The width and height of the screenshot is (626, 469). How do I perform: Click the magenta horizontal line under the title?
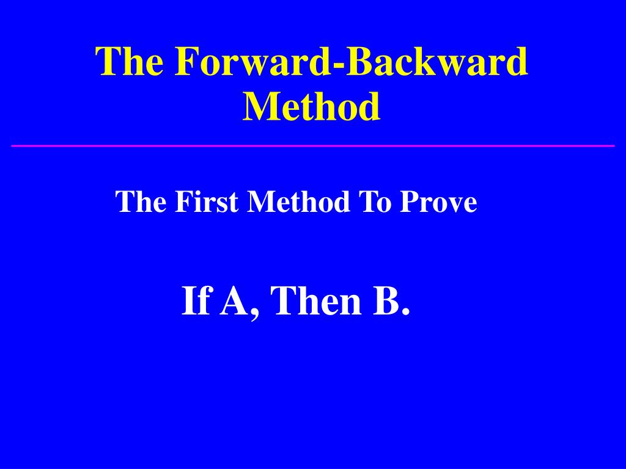pos(313,146)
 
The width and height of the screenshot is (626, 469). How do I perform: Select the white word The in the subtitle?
pos(141,202)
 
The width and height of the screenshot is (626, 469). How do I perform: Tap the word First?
pos(207,202)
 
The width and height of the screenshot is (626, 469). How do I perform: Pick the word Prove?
pos(438,202)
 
